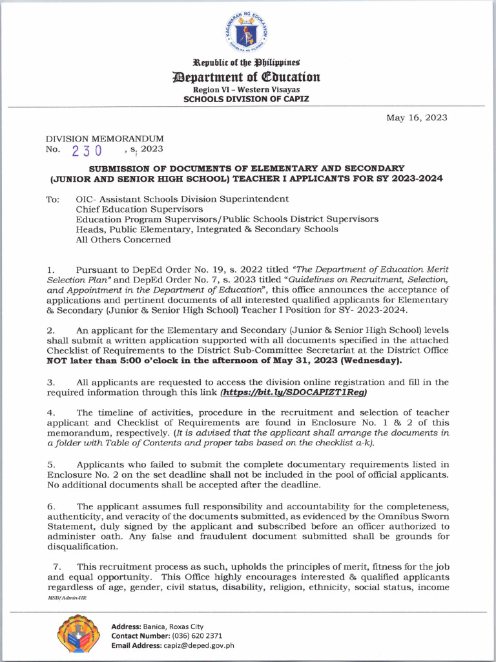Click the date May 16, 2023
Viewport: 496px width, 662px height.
pyautogui.click(x=417, y=118)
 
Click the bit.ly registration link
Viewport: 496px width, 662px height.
pyautogui.click(x=294, y=392)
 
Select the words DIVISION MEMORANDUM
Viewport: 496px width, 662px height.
pyautogui.click(x=104, y=138)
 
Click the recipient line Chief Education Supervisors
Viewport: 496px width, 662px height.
pyautogui.click(x=139, y=209)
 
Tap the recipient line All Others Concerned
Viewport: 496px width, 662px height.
pyautogui.click(x=123, y=239)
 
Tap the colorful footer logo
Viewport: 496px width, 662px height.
pyautogui.click(x=78, y=634)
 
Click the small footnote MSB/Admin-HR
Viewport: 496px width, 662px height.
pyautogui.click(x=67, y=598)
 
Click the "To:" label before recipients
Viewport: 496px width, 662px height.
pyautogui.click(x=53, y=199)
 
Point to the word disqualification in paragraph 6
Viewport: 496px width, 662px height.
pyautogui.click(x=83, y=546)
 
